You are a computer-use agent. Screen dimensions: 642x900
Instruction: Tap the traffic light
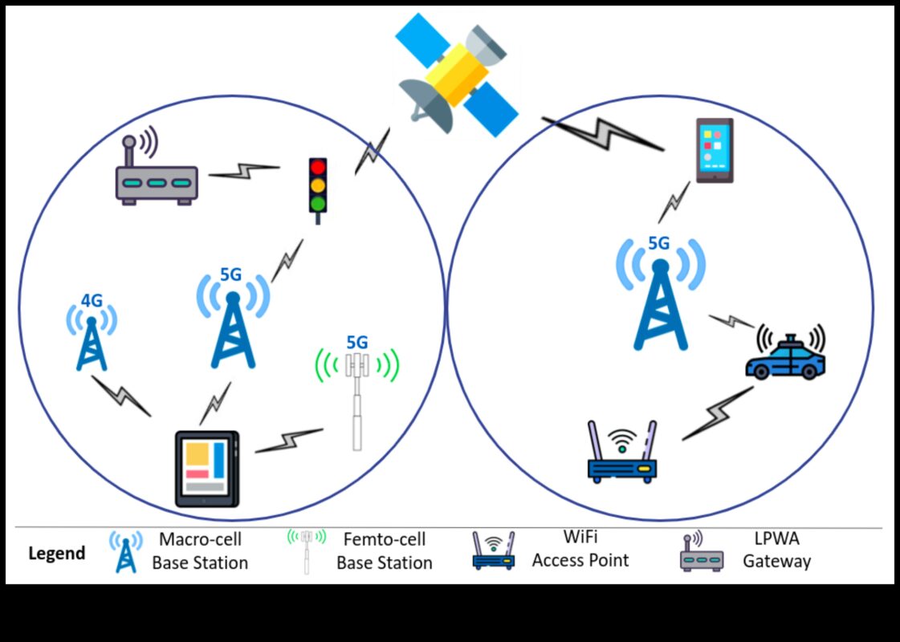point(319,186)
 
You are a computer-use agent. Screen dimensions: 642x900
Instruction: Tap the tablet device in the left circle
point(207,469)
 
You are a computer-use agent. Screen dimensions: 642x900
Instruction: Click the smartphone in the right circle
point(714,151)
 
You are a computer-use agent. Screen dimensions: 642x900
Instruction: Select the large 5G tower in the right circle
point(660,301)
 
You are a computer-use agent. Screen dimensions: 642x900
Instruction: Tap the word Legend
point(57,554)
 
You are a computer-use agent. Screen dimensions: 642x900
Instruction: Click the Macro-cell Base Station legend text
point(200,551)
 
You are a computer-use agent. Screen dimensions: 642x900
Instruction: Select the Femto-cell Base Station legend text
point(384,551)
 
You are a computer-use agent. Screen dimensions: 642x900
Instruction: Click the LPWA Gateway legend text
point(776,551)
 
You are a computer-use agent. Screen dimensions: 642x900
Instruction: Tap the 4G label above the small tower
point(92,301)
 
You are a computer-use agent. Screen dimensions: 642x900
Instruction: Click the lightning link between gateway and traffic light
point(244,171)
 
